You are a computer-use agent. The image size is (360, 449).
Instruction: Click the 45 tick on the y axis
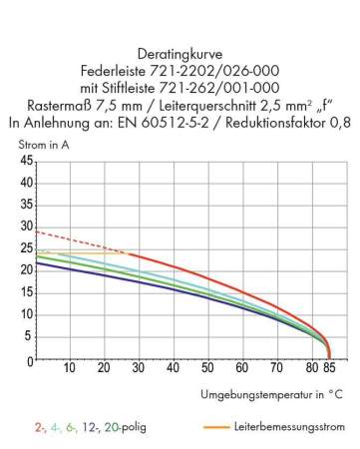[x=27, y=162]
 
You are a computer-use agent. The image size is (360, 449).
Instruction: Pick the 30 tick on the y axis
[x=27, y=227]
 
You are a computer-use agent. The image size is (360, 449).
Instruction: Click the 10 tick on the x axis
[x=71, y=369]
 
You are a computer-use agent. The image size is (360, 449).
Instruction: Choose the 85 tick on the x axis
[x=330, y=369]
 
